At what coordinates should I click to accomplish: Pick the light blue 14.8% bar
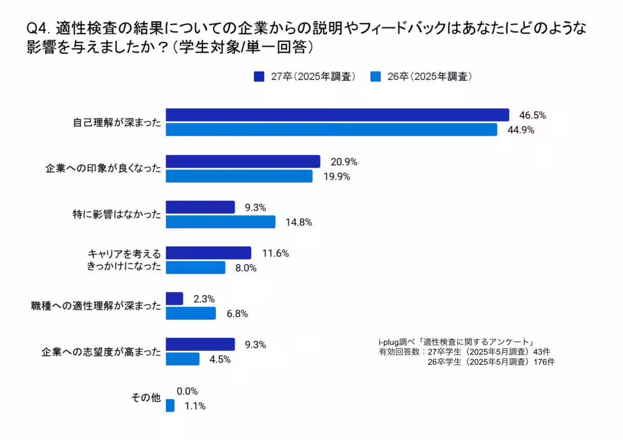pyautogui.click(x=221, y=222)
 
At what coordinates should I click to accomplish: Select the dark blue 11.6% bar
pyautogui.click(x=208, y=253)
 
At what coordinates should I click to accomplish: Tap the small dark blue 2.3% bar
pyautogui.click(x=174, y=299)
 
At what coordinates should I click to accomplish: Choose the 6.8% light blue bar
pyautogui.click(x=191, y=313)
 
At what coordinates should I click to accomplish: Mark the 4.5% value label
pyautogui.click(x=220, y=359)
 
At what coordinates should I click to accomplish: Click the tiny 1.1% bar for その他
pyautogui.click(x=170, y=406)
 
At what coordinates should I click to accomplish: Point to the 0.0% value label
pyautogui.click(x=187, y=391)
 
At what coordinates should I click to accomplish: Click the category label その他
pyautogui.click(x=145, y=398)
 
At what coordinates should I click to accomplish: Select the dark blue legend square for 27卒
pyautogui.click(x=259, y=77)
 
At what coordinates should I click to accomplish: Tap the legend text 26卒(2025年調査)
pyautogui.click(x=429, y=77)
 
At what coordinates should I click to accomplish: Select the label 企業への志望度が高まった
pyautogui.click(x=101, y=352)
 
